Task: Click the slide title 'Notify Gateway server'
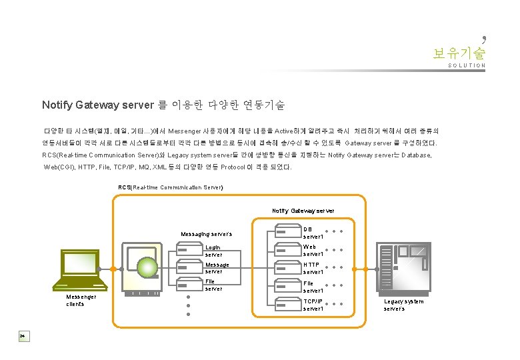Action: click(x=98, y=105)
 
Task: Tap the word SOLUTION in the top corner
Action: click(x=467, y=65)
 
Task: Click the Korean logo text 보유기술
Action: click(x=459, y=52)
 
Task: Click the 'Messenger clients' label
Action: click(x=81, y=300)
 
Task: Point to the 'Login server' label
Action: click(x=213, y=251)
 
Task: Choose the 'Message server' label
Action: click(x=217, y=268)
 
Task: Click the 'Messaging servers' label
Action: click(x=207, y=234)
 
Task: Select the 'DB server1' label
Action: click(x=313, y=233)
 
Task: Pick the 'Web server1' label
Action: click(x=313, y=250)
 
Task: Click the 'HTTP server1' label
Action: click(x=313, y=268)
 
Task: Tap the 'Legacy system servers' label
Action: click(x=403, y=305)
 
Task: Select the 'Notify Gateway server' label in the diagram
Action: click(x=303, y=211)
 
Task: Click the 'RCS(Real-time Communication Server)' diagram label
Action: click(x=171, y=187)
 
